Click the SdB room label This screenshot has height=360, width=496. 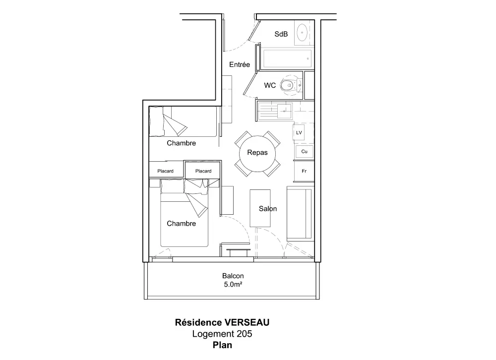[282, 34]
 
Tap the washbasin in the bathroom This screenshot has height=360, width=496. [302, 33]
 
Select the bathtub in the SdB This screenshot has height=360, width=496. [287, 59]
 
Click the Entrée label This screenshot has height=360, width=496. [239, 65]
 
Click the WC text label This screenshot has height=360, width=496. [270, 85]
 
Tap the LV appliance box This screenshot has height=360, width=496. [299, 133]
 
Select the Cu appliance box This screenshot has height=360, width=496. [304, 151]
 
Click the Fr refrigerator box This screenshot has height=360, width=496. [304, 171]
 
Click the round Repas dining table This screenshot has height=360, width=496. [257, 153]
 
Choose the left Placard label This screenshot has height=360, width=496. [165, 171]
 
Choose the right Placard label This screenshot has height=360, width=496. [203, 171]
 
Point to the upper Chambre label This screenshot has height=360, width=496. [181, 143]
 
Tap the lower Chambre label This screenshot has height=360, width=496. [181, 224]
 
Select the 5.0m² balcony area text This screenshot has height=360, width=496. [233, 285]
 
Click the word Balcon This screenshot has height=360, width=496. [233, 276]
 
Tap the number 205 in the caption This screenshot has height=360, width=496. [243, 334]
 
